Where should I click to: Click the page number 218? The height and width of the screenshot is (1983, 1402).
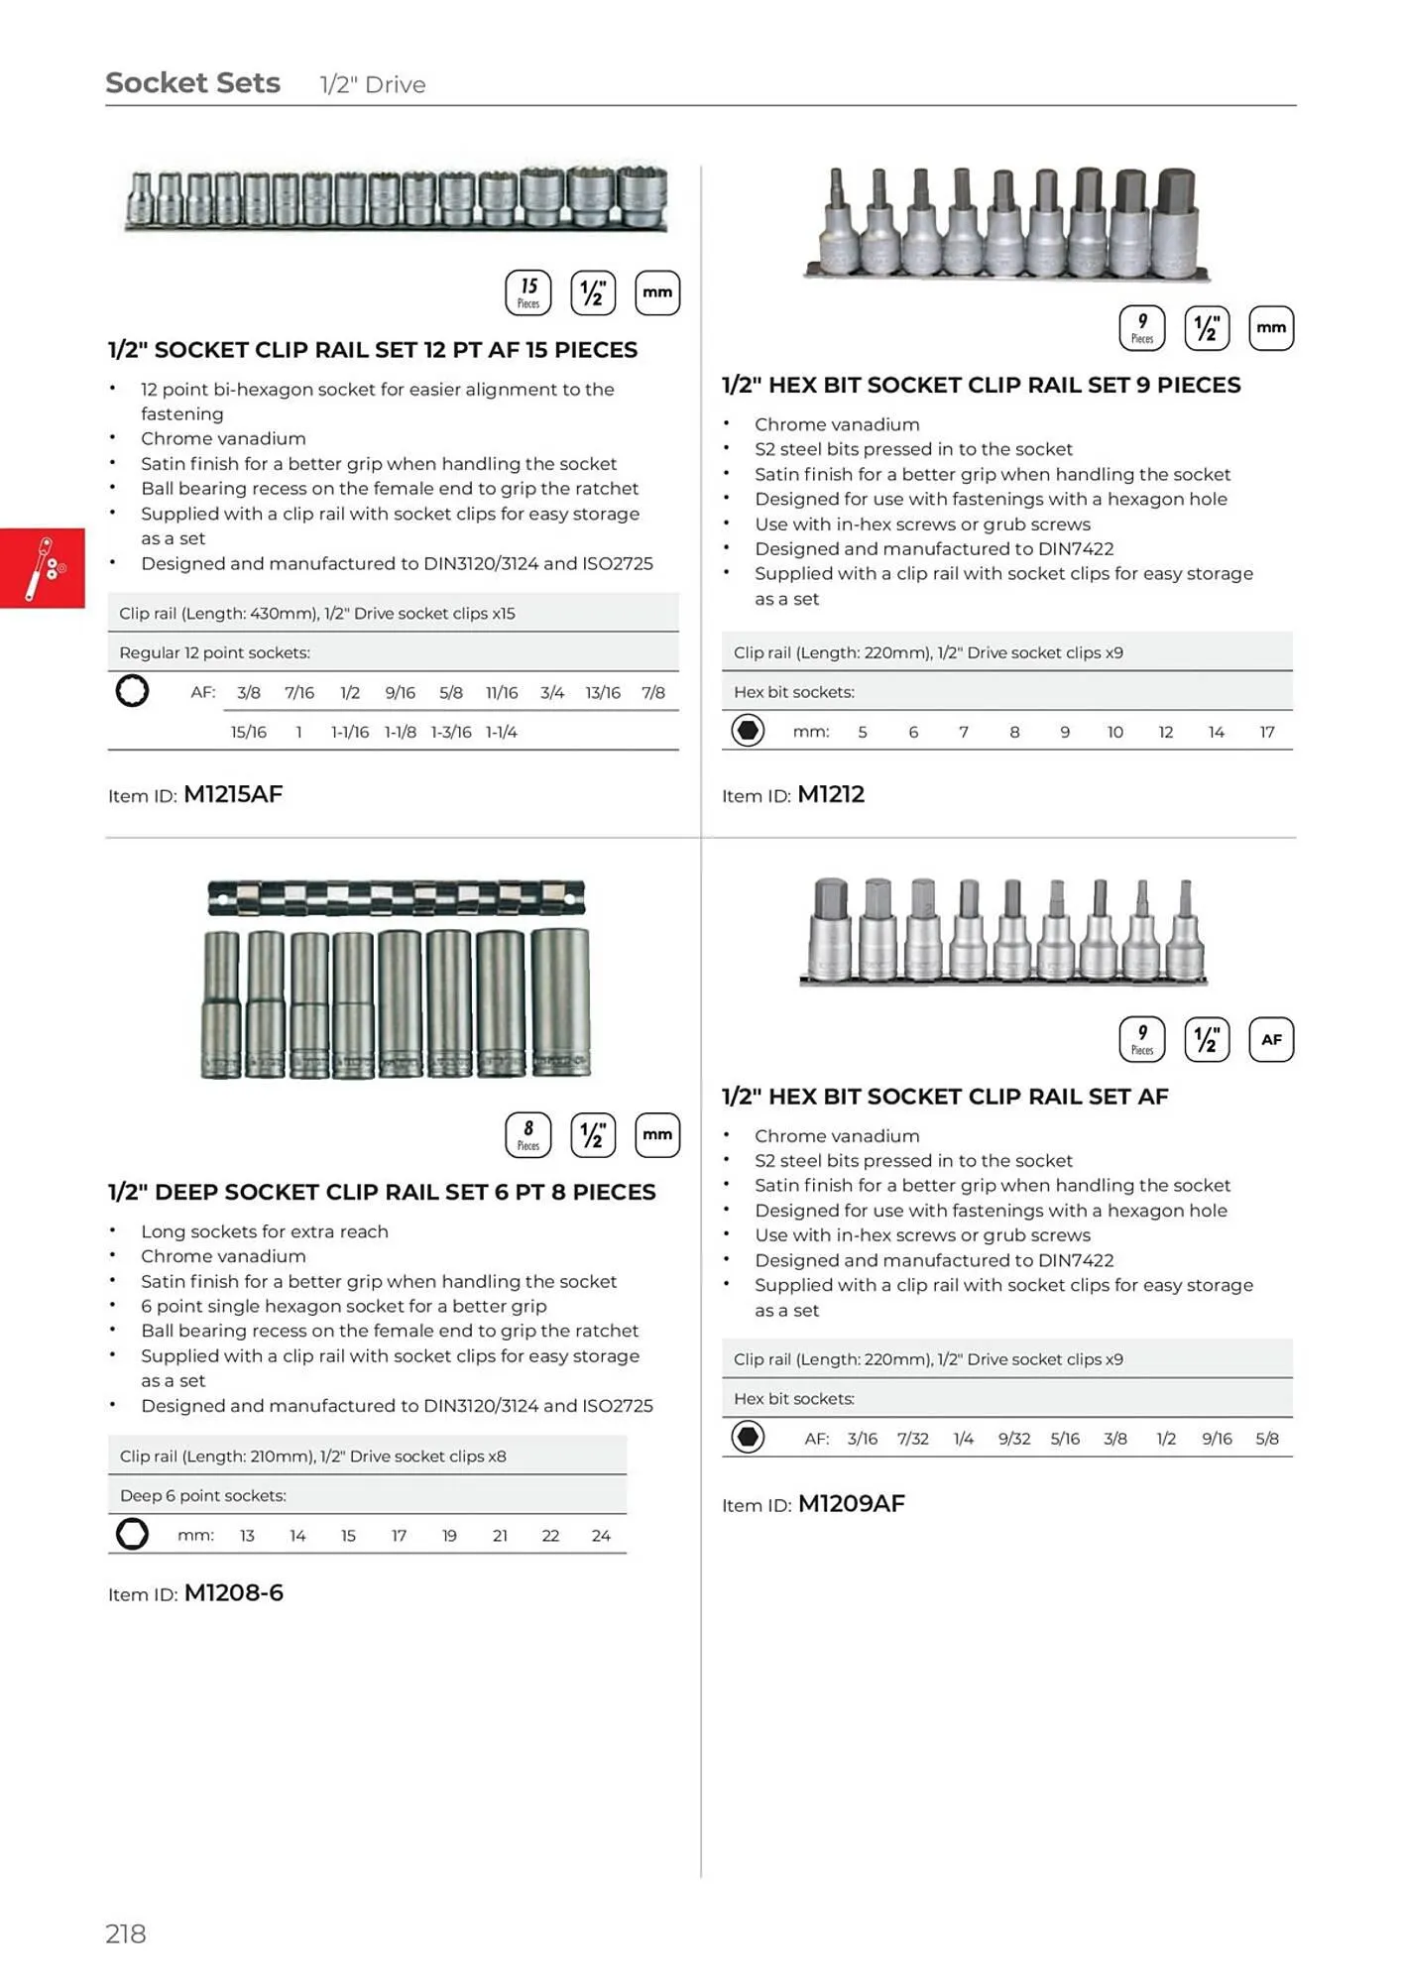(126, 1932)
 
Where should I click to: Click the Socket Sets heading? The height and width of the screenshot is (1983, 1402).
(192, 83)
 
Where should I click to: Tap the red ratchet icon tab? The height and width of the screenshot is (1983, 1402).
(43, 568)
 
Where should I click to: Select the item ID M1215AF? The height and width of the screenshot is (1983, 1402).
(233, 794)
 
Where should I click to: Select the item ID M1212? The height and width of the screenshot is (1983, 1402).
(831, 794)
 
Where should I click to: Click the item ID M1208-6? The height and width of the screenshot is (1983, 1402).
(234, 1592)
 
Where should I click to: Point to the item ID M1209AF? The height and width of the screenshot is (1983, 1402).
(851, 1503)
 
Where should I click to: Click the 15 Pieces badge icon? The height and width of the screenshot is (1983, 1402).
(528, 292)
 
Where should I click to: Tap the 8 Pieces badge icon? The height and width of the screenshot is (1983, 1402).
(528, 1135)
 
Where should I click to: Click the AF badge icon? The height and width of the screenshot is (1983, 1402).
(1271, 1039)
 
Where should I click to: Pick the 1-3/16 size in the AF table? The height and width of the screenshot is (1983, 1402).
(451, 732)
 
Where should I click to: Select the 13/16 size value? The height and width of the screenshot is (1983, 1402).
(602, 692)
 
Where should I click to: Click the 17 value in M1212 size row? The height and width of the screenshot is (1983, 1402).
(1266, 732)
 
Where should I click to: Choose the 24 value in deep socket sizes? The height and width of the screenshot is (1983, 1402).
(601, 1535)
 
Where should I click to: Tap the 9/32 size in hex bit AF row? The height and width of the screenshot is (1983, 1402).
(1013, 1438)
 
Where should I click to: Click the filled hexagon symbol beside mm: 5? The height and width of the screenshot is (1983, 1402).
(748, 731)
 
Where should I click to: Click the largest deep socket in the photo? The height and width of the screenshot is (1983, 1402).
(561, 1001)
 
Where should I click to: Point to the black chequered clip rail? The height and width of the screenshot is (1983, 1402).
(396, 897)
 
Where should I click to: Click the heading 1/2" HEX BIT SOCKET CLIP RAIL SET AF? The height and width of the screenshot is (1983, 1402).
(945, 1096)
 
